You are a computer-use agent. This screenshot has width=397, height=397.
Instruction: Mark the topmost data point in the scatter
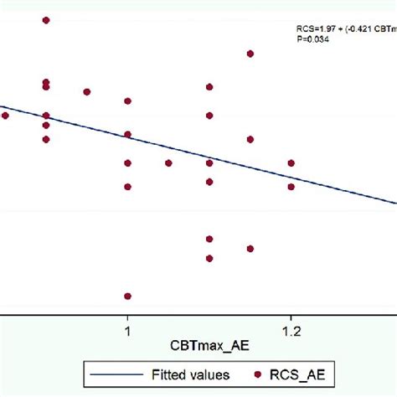pos(46,19)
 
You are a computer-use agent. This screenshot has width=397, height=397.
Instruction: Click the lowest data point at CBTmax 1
pos(127,296)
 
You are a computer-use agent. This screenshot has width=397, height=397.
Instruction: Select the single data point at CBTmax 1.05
pos(168,163)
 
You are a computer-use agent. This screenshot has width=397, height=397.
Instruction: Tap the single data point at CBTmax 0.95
pos(86,91)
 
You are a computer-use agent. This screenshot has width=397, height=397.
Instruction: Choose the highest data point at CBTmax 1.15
pos(250,54)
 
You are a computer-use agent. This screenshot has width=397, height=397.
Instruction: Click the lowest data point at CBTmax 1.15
pos(250,248)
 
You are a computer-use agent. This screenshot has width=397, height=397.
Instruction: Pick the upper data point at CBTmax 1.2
pos(291,162)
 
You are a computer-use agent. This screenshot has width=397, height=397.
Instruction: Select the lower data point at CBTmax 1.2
pos(291,187)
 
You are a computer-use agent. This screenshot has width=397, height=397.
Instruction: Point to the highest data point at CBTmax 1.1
pos(209,86)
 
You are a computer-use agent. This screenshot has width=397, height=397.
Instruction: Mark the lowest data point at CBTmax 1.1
pos(209,258)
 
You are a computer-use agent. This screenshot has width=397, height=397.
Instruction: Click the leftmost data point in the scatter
pos(5,116)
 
